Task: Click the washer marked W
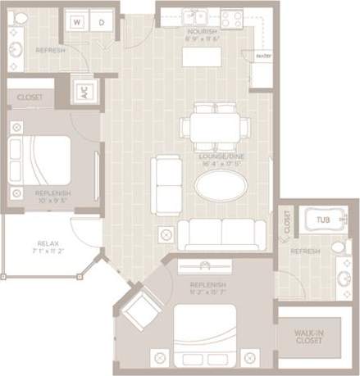77,23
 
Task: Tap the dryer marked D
101,23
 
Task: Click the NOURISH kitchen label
202,31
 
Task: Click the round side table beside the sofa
166,235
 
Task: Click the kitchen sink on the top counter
198,16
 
